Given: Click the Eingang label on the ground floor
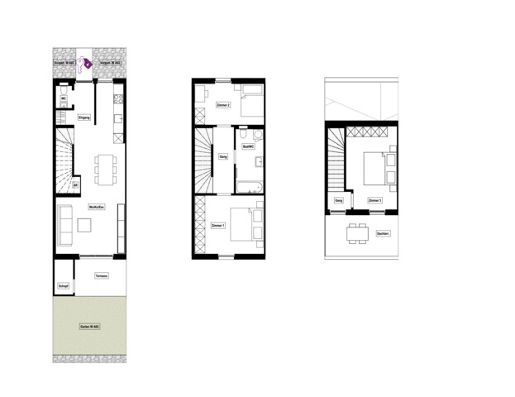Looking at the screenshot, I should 83,117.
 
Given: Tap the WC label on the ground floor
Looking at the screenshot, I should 63,100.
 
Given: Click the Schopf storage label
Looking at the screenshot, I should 63,286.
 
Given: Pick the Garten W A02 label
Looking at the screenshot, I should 89,328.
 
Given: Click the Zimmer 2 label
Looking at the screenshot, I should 222,106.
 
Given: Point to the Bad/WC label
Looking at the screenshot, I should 247,147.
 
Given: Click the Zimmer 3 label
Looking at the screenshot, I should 374,200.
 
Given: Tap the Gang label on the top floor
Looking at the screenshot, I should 338,200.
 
